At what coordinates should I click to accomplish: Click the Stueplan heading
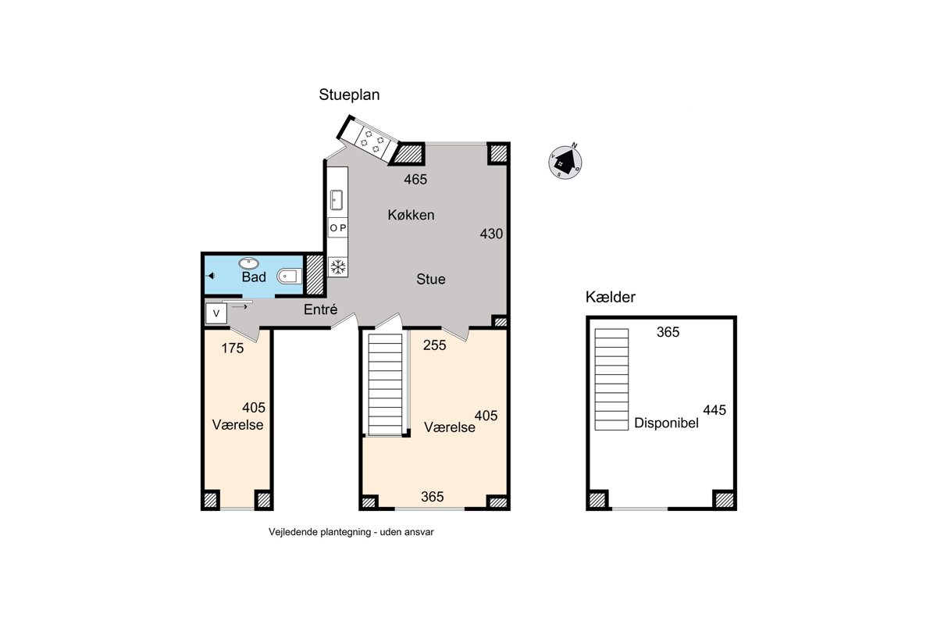coord(349,95)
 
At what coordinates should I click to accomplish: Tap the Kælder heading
coord(611,297)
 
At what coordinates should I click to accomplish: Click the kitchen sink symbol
coord(337,200)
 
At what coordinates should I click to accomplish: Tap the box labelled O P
coord(337,227)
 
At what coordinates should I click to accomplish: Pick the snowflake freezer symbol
coord(337,266)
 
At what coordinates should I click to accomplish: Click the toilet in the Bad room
coord(290,277)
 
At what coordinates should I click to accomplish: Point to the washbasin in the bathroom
coord(248,263)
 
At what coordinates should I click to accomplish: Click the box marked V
coord(216,313)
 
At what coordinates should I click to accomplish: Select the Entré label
coord(320,310)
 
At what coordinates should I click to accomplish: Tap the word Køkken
coord(411,215)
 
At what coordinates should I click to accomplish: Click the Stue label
coord(430,279)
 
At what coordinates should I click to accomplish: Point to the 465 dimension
coord(415,180)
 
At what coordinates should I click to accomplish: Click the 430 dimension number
coord(491,234)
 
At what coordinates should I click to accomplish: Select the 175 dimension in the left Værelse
coord(232,348)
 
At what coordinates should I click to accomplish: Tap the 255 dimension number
coord(434,345)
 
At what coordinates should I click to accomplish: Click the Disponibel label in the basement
coord(666,423)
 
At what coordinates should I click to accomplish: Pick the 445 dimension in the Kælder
coord(714,410)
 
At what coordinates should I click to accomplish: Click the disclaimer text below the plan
coord(351,532)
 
